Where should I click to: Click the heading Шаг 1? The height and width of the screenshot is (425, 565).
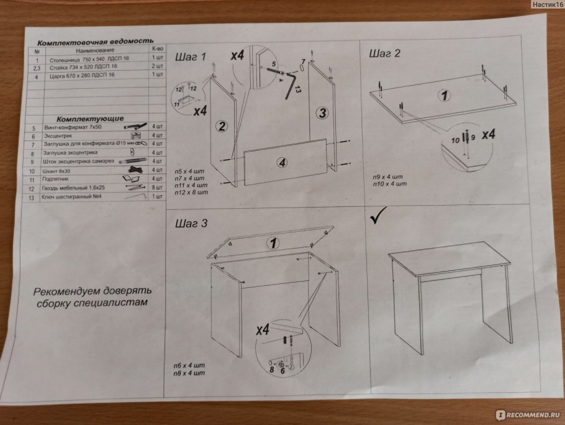[x=190, y=57]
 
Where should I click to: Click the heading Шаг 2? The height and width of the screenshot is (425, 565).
[x=385, y=53]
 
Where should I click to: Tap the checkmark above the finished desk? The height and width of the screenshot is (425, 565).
[x=379, y=219]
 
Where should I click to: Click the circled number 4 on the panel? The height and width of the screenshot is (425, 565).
[x=283, y=163]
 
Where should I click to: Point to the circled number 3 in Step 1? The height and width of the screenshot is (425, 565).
[x=321, y=113]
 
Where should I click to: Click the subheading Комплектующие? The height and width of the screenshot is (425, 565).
[x=90, y=118]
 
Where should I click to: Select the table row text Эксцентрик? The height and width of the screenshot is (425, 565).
[x=60, y=135]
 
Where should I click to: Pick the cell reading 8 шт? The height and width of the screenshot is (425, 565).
[x=157, y=187]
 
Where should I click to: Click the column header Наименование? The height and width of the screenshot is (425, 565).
[x=95, y=50]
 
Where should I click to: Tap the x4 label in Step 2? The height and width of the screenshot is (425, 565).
[x=488, y=135]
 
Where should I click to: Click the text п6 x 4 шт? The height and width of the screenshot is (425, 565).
[x=191, y=365]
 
